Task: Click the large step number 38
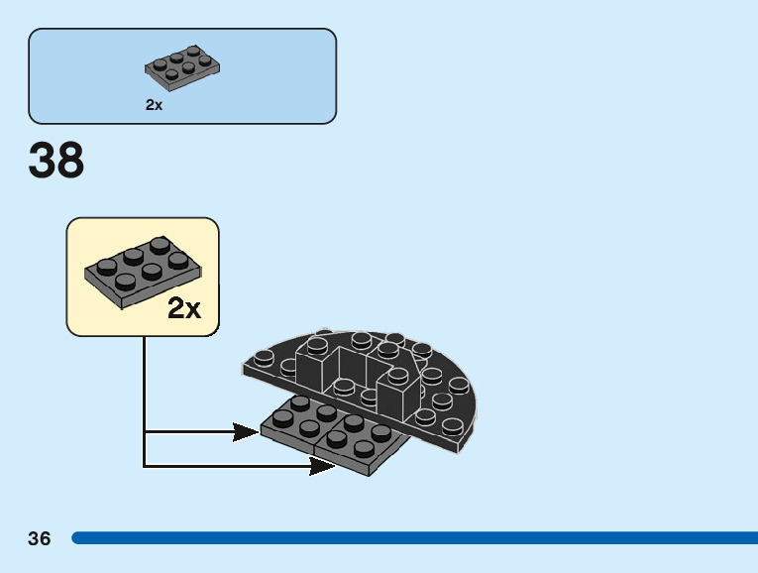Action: [x=56, y=161]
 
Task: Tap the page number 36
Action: [x=40, y=538]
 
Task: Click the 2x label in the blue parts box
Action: [x=154, y=104]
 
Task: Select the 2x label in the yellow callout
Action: [x=184, y=308]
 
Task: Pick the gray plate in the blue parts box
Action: [x=182, y=65]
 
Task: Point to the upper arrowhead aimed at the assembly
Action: [x=247, y=431]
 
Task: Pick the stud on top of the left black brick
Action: [x=317, y=345]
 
